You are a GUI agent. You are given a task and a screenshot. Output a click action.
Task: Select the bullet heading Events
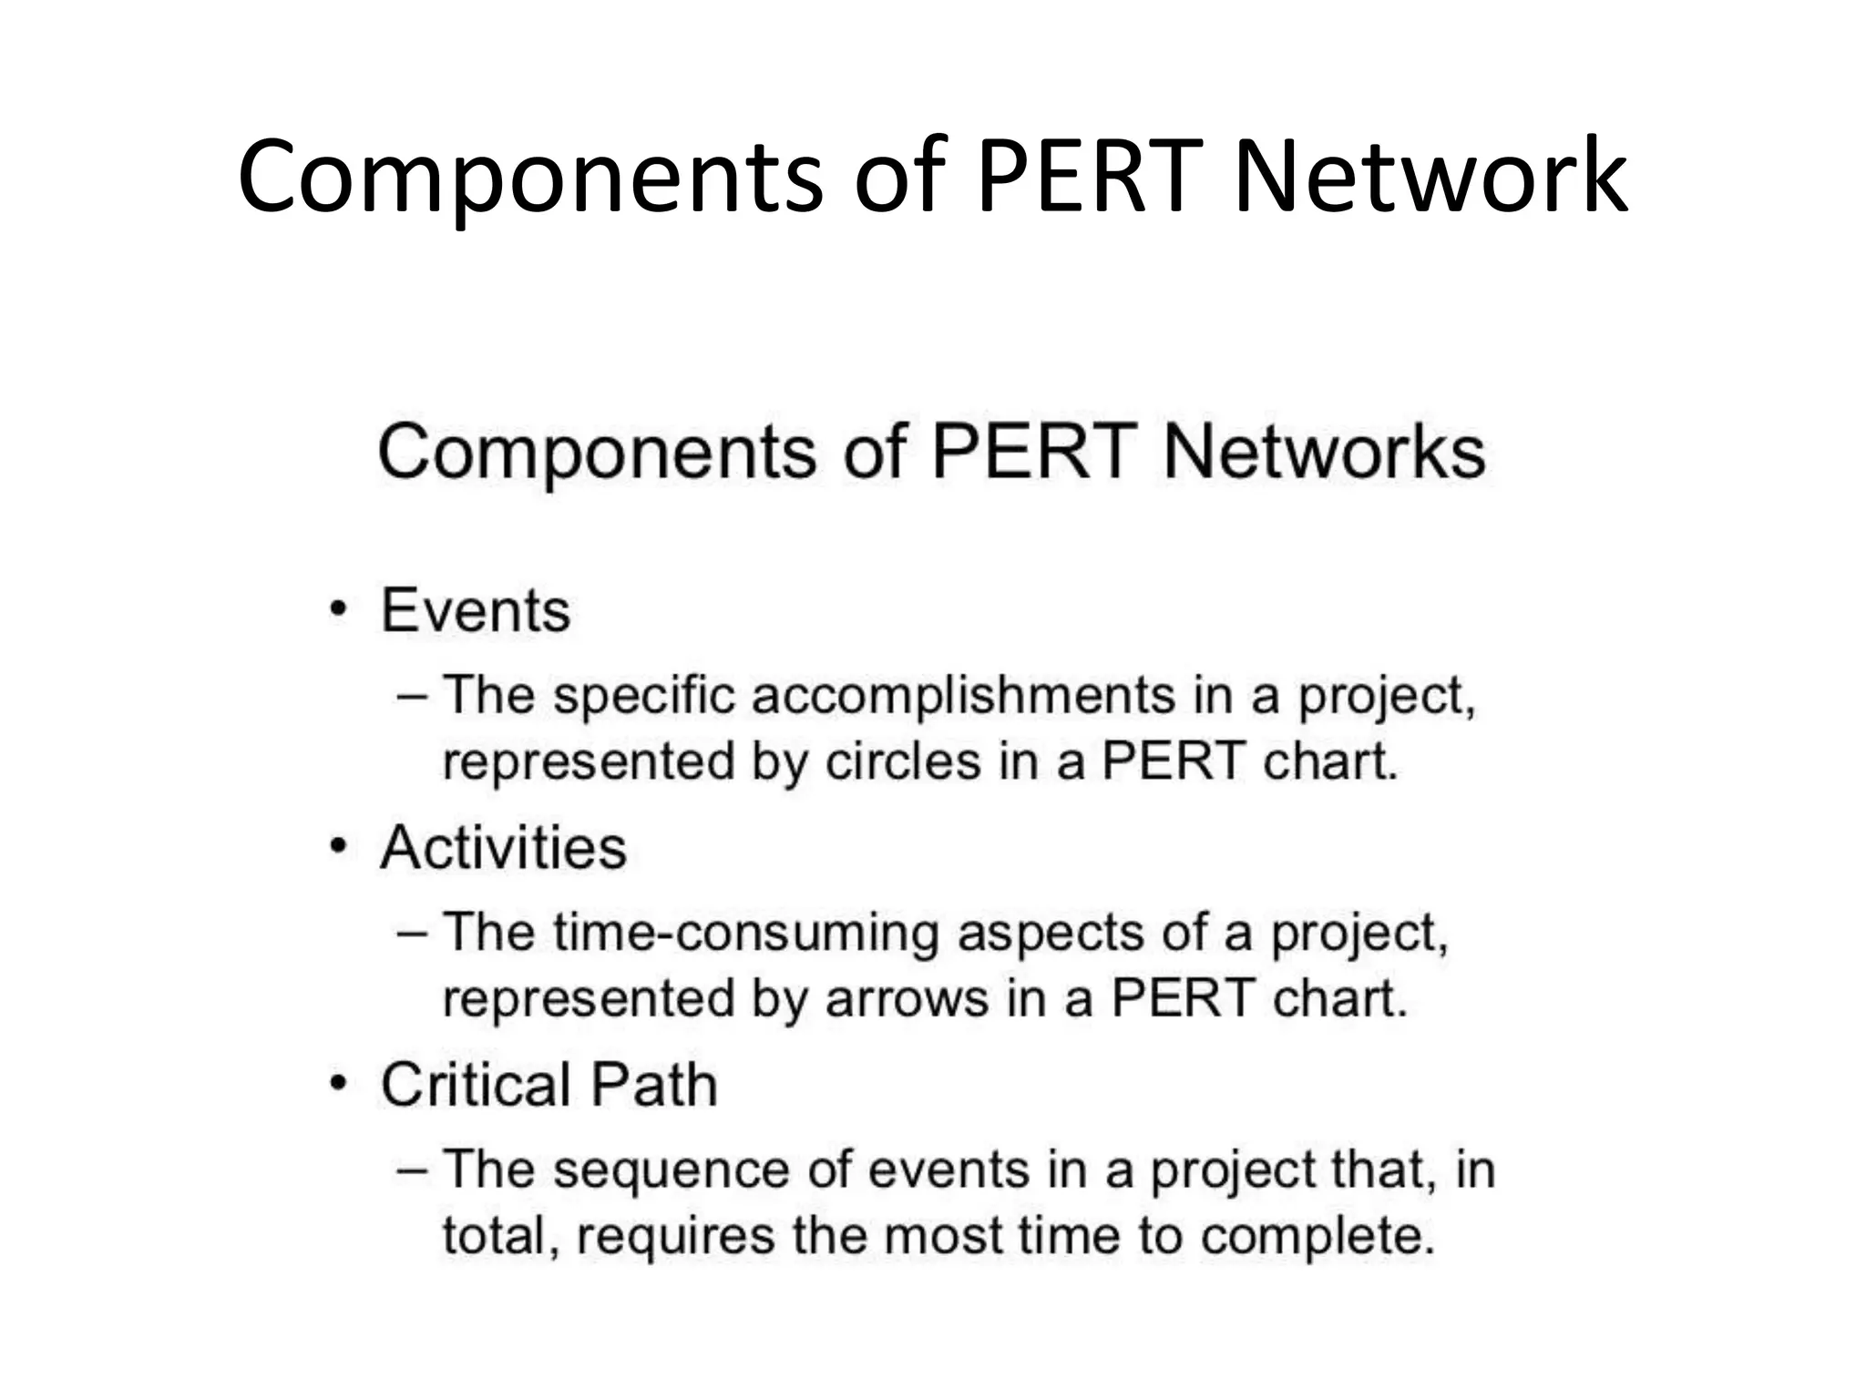point(476,610)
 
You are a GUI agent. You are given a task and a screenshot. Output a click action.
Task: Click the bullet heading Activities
point(503,848)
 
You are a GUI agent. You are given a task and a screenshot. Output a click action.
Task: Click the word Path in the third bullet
point(654,1085)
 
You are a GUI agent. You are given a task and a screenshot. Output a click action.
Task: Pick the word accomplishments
point(963,696)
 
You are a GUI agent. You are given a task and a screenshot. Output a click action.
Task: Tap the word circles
point(903,761)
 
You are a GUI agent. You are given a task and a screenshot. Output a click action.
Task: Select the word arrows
point(907,999)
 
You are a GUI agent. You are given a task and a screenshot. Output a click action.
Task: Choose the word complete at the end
point(1317,1236)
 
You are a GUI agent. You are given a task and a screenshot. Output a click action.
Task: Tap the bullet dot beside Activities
point(339,847)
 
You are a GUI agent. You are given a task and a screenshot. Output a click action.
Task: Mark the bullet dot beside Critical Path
point(339,1084)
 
